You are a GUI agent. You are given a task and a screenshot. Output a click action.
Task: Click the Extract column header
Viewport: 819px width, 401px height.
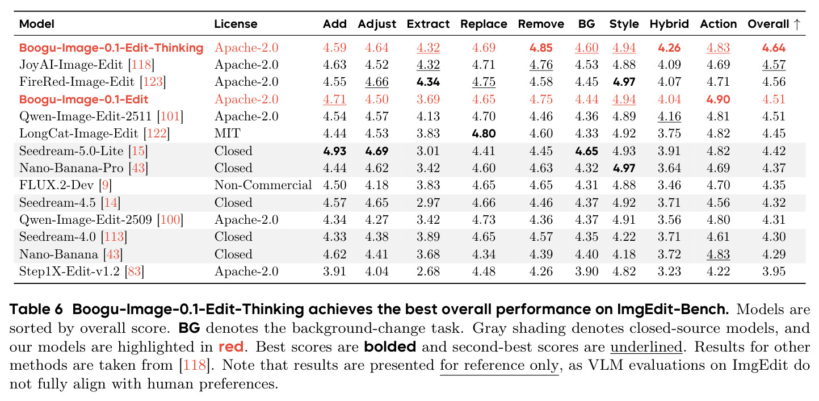click(428, 24)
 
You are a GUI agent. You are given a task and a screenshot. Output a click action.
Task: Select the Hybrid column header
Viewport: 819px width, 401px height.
click(669, 24)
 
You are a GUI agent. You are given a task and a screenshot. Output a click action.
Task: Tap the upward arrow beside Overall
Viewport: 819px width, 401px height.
click(797, 24)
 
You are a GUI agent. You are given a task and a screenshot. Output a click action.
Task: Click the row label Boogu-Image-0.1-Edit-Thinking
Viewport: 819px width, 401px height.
click(111, 48)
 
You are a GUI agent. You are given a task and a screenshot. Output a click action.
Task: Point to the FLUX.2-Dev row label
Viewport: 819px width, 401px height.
click(56, 185)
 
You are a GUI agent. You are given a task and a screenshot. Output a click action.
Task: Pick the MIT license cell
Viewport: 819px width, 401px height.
click(228, 133)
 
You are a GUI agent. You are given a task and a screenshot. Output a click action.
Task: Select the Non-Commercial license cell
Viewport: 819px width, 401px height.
click(263, 185)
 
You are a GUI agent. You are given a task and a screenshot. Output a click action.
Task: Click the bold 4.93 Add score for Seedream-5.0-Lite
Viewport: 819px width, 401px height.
click(334, 151)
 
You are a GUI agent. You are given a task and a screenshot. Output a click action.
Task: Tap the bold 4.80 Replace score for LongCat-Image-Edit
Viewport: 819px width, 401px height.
click(484, 133)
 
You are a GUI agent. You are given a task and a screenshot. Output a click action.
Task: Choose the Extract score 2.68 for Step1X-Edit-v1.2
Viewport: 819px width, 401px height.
click(428, 271)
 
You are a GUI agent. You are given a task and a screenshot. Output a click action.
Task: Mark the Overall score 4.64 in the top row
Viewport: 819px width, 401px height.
click(774, 48)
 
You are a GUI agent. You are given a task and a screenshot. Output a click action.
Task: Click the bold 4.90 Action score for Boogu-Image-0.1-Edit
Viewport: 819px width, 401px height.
click(718, 99)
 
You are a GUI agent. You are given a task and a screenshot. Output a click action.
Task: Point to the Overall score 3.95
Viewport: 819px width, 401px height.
click(774, 271)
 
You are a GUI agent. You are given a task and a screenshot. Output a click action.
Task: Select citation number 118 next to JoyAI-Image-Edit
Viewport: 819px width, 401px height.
click(141, 65)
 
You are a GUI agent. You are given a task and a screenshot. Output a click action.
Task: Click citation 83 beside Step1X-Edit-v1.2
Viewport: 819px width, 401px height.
click(134, 271)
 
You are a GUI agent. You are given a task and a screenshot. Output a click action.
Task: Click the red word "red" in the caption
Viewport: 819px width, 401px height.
click(231, 347)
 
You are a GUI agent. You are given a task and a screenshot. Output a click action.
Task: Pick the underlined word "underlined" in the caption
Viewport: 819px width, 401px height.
click(646, 347)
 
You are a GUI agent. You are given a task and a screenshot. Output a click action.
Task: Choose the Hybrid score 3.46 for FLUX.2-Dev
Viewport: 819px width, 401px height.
click(669, 185)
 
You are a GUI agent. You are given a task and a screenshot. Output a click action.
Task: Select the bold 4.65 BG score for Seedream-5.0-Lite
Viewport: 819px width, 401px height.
click(586, 151)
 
